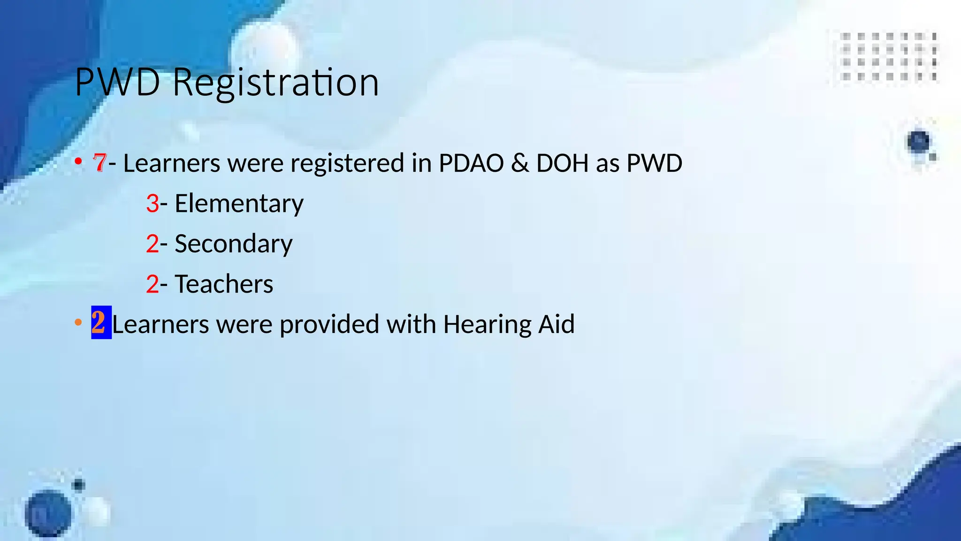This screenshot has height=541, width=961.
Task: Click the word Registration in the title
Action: (x=275, y=83)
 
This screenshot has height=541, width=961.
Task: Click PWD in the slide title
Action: (x=118, y=83)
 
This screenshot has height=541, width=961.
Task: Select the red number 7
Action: (x=99, y=163)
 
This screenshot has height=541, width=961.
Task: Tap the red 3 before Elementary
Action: (x=153, y=203)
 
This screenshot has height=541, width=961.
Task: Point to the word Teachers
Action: (x=224, y=284)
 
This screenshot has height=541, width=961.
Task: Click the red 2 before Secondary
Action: (x=153, y=244)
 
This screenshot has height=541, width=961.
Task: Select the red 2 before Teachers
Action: (x=153, y=284)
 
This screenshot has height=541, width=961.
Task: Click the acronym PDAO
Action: (x=471, y=163)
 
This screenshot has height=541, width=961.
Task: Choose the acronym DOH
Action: (x=562, y=163)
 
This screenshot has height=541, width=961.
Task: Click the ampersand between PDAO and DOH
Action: (x=519, y=163)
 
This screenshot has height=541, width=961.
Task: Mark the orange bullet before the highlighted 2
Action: (x=78, y=323)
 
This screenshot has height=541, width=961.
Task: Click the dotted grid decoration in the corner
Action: (x=889, y=56)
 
